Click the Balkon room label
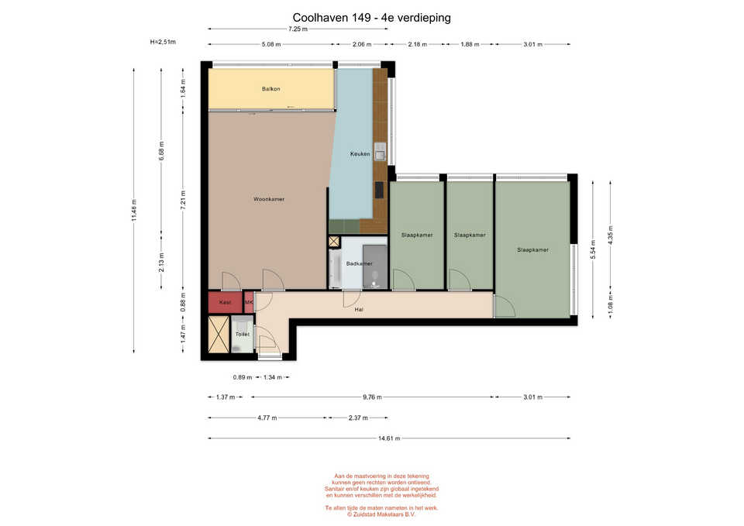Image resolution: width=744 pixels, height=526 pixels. [x=271, y=88]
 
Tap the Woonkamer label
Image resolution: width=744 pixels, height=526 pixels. [x=269, y=199]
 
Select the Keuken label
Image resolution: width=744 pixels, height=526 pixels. [x=360, y=153]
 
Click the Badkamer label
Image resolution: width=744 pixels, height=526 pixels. [x=359, y=263]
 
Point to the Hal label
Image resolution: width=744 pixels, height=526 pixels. [x=359, y=310]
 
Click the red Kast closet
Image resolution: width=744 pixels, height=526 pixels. [x=226, y=302]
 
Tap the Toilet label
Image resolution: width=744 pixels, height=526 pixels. [x=243, y=335]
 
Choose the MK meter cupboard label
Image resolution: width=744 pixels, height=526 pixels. [x=249, y=302]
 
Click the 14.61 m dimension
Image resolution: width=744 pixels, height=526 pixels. [x=389, y=438]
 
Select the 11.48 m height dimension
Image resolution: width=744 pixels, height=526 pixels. [x=134, y=210]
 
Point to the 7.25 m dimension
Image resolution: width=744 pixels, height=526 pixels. [x=298, y=29]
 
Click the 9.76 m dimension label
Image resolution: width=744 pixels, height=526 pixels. [x=373, y=397]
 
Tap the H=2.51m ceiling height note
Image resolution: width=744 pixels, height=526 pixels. [x=163, y=42]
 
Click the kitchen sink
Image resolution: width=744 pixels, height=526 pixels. [x=380, y=152]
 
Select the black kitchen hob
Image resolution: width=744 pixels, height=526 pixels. [x=379, y=190]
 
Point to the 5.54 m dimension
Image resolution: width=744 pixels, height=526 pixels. [x=593, y=249]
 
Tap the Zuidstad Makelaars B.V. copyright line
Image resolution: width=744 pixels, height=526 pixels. [x=381, y=514]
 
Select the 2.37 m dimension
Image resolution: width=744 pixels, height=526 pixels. [x=358, y=418]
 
